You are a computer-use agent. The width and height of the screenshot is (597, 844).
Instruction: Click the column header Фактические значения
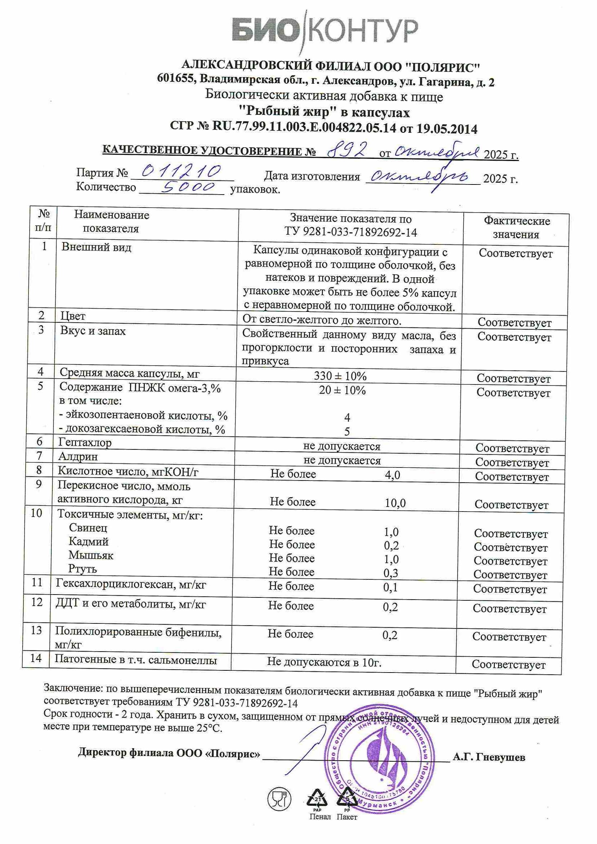516,227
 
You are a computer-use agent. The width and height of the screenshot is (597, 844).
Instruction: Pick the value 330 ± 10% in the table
340,376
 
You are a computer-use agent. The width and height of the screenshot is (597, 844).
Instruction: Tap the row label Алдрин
78,457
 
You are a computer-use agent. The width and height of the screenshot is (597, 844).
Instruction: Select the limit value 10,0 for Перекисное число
395,503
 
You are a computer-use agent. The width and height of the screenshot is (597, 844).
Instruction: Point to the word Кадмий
88,541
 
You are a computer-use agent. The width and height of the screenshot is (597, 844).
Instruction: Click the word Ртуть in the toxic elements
83,569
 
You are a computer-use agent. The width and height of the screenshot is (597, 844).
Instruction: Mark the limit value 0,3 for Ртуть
391,573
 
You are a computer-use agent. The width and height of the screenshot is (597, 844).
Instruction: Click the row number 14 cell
36,658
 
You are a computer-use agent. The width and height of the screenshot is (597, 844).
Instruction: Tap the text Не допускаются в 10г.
324,662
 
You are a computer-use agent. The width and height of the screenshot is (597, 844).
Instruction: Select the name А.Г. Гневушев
489,757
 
